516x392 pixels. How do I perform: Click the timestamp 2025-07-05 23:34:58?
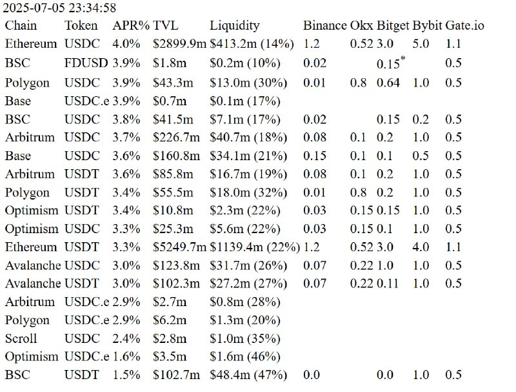(59, 8)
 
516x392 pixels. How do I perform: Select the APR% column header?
(131, 26)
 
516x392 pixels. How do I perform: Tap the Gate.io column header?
(464, 26)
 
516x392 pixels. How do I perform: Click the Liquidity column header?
(234, 26)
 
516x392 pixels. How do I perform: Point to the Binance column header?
(324, 26)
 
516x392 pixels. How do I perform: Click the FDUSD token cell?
(86, 63)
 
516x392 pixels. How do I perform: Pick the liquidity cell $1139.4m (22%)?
(254, 247)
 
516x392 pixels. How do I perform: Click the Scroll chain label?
(21, 338)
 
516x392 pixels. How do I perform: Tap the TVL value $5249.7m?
(179, 247)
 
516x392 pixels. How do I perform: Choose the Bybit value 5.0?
(421, 45)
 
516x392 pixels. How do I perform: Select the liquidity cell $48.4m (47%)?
(244, 375)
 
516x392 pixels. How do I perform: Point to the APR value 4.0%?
(126, 45)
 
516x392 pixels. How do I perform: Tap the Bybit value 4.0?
(421, 247)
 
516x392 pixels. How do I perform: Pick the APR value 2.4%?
(126, 338)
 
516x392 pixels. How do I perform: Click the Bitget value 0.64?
(388, 83)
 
